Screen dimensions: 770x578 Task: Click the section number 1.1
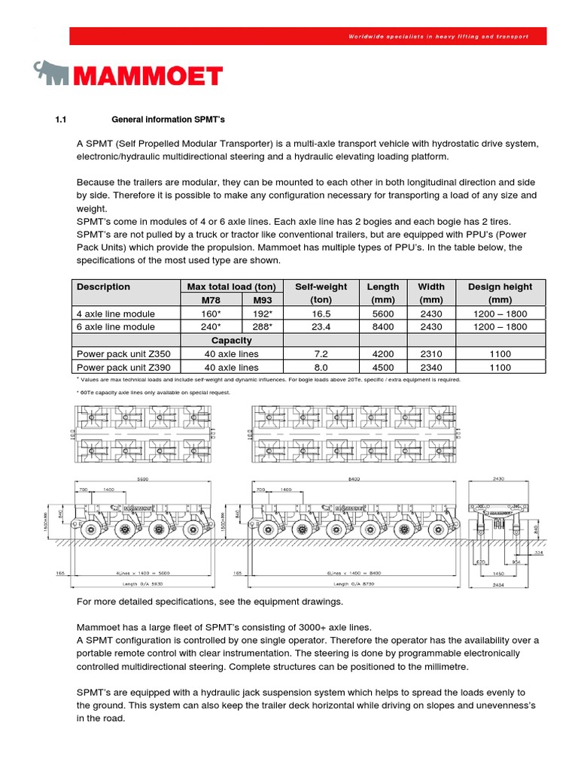62,119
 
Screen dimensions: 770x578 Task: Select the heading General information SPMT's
168,119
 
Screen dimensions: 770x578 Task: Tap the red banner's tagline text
439,36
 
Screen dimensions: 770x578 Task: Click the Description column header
103,286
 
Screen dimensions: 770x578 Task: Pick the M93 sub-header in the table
262,300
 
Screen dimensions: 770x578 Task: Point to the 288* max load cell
262,327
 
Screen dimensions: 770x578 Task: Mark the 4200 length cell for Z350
383,353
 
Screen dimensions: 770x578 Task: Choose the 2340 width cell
431,367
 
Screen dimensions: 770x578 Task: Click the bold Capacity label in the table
231,340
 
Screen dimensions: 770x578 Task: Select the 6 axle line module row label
116,327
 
